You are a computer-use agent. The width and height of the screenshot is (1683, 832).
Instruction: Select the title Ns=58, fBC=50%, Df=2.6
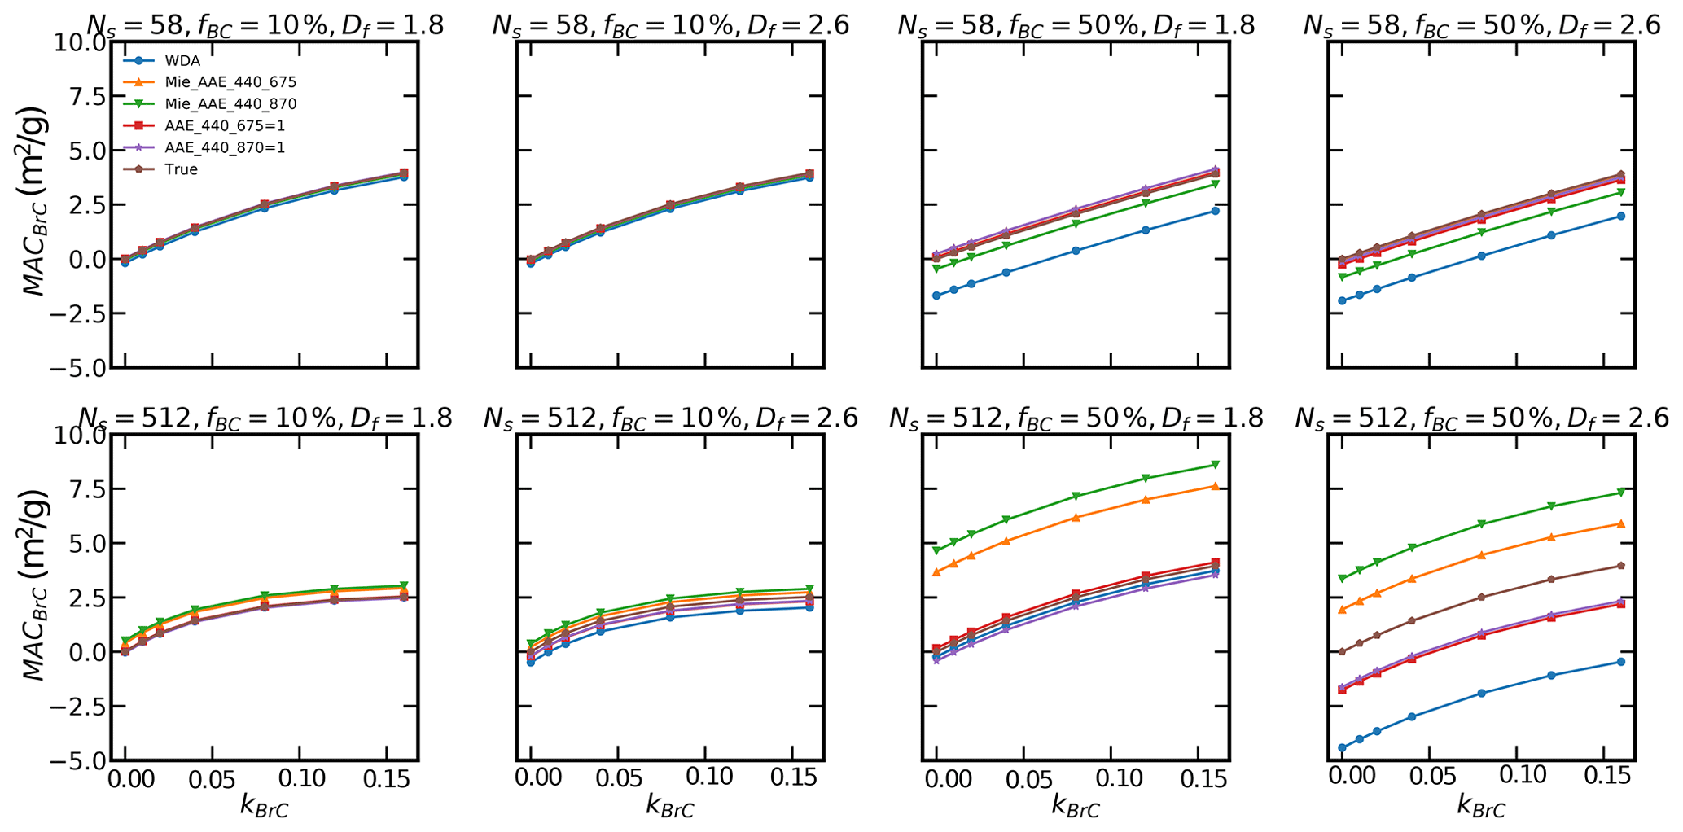[x=1481, y=25]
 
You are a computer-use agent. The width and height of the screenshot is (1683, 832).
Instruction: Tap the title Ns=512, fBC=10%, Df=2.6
[x=670, y=418]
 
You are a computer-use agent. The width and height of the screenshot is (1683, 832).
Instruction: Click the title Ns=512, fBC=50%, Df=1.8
[x=1076, y=418]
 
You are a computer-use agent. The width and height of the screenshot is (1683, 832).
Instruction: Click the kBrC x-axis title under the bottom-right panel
[x=1481, y=807]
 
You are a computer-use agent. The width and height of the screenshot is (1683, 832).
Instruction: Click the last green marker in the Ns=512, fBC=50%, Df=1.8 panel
[x=1215, y=465]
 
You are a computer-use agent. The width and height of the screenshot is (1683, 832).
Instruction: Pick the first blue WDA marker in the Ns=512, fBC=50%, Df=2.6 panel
[x=1342, y=747]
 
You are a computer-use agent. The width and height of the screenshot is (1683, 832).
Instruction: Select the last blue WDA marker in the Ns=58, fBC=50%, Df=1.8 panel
[x=1215, y=211]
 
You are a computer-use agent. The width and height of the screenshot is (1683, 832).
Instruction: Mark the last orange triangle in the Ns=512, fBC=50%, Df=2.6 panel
[x=1620, y=523]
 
